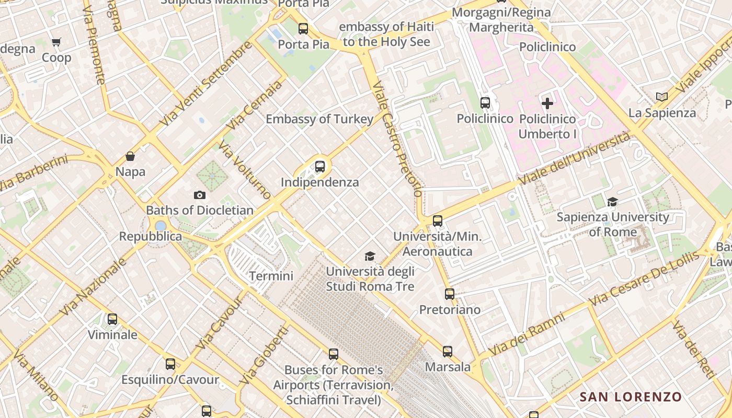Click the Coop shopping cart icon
click(x=56, y=42)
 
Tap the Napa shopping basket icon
click(x=130, y=156)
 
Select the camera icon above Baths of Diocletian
click(x=199, y=195)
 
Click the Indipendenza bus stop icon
click(x=320, y=167)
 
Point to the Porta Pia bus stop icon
click(x=303, y=29)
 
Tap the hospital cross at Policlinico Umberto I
click(x=547, y=103)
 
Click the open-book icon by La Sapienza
click(x=662, y=97)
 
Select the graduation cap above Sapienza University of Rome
click(x=612, y=202)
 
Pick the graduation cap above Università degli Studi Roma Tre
click(x=370, y=256)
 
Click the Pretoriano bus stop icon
click(x=450, y=294)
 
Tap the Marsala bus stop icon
click(x=448, y=352)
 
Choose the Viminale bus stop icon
click(x=112, y=319)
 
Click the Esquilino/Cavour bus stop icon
click(x=170, y=364)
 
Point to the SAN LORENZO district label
click(x=631, y=397)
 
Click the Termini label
click(x=271, y=276)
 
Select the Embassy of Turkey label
click(x=319, y=119)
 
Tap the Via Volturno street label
click(x=245, y=170)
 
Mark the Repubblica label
click(x=151, y=236)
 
